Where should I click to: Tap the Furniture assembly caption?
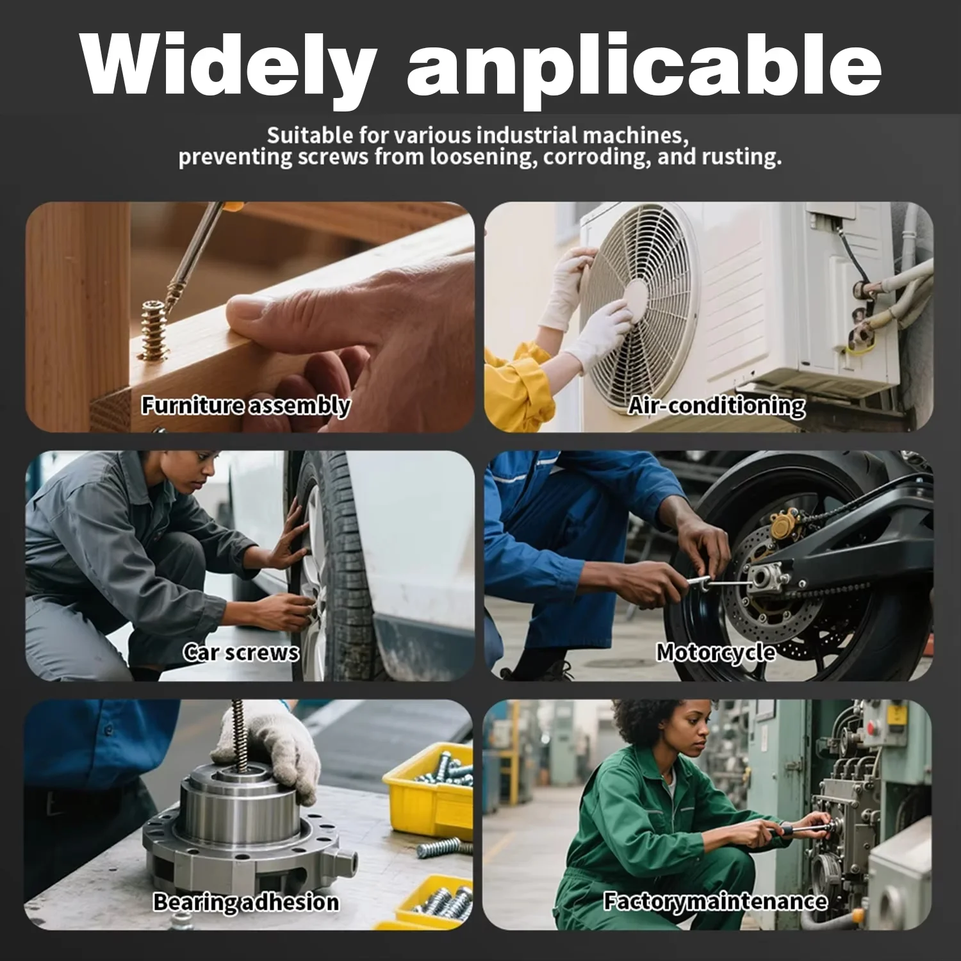pyautogui.click(x=246, y=406)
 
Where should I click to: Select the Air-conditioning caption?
pyautogui.click(x=716, y=406)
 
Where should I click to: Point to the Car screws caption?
pyautogui.click(x=241, y=653)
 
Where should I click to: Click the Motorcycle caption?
pyautogui.click(x=716, y=653)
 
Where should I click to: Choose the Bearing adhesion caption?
pyautogui.click(x=246, y=902)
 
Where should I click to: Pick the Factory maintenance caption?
pyautogui.click(x=716, y=902)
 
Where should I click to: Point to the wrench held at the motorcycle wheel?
pyautogui.click(x=718, y=582)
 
